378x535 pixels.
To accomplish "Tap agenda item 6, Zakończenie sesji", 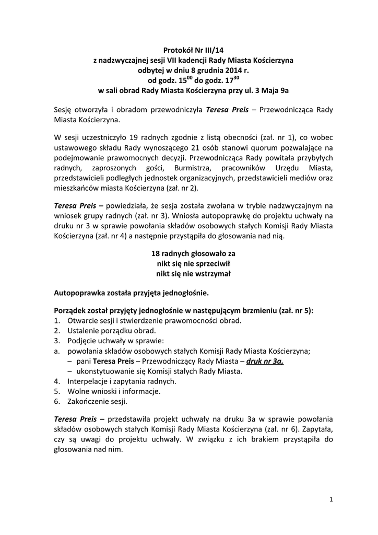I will pos(93,401).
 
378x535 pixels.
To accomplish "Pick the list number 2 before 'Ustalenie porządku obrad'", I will pos(56,331).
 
